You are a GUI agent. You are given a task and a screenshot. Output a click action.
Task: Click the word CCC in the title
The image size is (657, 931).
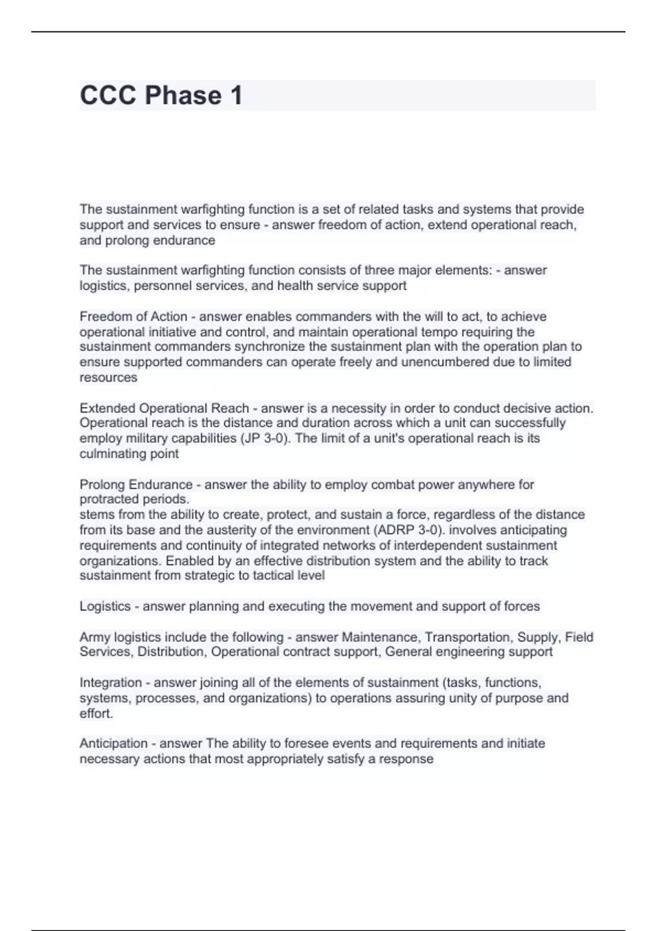tap(108, 95)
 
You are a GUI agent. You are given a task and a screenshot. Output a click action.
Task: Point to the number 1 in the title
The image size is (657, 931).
tap(236, 95)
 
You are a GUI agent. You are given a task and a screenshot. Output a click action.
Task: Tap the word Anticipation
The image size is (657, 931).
tap(114, 744)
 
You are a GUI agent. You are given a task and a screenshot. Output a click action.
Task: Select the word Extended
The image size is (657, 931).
tap(107, 409)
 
